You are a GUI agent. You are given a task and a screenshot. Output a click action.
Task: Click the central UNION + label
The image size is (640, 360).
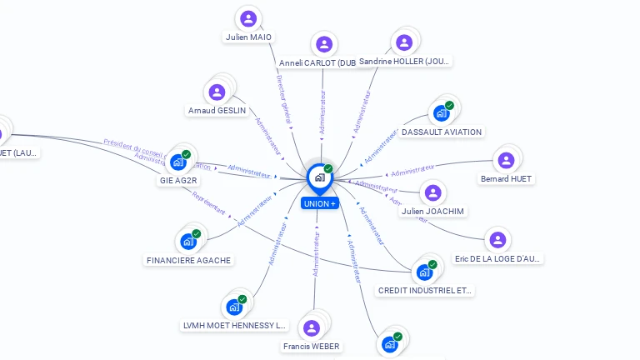[x=320, y=203]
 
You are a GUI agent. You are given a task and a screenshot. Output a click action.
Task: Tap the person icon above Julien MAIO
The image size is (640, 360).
[x=248, y=18]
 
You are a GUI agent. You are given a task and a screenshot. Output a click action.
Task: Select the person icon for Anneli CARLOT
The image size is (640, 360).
[x=324, y=44]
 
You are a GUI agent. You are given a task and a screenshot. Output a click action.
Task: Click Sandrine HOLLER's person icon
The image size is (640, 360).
[x=404, y=42]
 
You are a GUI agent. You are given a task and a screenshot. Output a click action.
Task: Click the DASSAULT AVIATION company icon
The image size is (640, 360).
[x=441, y=113]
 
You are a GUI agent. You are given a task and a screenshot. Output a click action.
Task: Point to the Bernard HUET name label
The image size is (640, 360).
[x=506, y=178]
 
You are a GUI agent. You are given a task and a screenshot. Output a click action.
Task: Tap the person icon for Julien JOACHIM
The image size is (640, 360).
[x=432, y=193]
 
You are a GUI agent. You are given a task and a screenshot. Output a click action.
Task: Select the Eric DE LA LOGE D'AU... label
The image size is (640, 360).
[x=498, y=258]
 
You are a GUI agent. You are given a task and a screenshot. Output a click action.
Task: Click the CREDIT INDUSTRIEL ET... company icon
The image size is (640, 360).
[x=424, y=272]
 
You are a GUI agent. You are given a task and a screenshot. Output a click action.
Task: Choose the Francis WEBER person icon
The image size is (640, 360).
[x=312, y=327]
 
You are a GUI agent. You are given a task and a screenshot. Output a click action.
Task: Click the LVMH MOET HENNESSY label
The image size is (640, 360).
[x=234, y=325]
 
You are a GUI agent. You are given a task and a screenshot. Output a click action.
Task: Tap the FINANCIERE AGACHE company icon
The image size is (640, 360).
[x=188, y=242]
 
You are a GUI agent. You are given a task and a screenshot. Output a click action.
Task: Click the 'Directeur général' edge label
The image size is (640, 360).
[x=283, y=99]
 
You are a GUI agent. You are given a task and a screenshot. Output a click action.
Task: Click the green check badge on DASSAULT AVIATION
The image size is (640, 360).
[x=449, y=106]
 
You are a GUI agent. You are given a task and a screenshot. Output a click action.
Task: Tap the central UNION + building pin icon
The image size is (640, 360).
[x=319, y=177]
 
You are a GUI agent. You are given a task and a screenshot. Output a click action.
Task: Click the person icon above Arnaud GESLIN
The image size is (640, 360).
[x=217, y=92]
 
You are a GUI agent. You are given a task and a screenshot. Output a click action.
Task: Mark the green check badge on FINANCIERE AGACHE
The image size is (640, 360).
[x=197, y=234]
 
